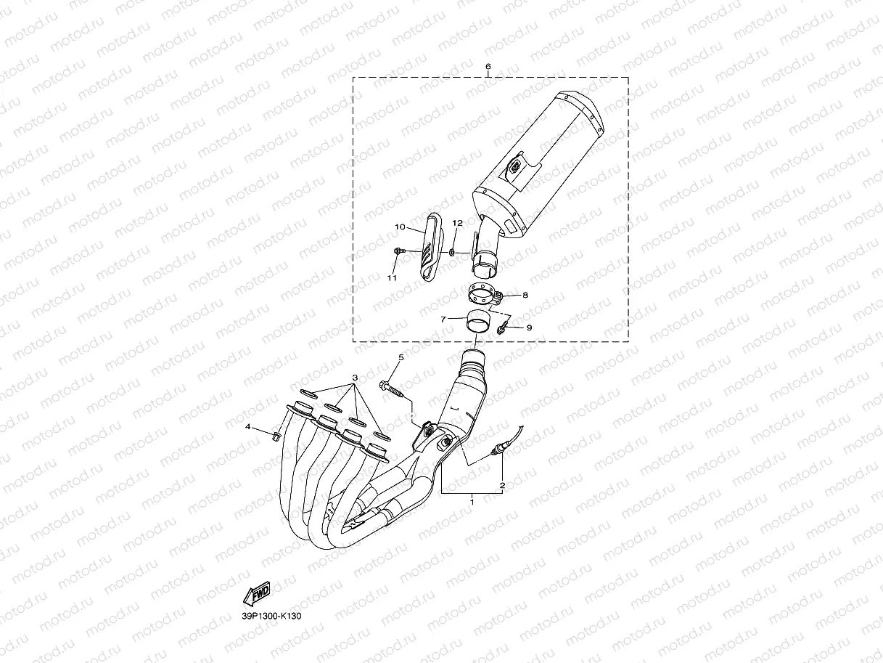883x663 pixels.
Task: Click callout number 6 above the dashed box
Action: tap(488, 66)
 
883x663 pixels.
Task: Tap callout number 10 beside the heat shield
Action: tap(400, 227)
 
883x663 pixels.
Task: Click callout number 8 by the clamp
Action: tap(525, 296)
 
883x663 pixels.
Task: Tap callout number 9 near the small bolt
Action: tap(529, 328)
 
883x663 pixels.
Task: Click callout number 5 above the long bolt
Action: tap(400, 358)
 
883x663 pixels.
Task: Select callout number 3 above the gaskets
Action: tap(356, 378)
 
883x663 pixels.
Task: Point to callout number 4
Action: tap(247, 427)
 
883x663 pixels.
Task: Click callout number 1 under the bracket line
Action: tap(472, 501)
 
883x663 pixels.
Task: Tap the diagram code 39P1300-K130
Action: tap(271, 616)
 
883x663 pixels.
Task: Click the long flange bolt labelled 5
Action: tap(393, 389)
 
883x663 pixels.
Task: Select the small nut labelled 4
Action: tap(276, 436)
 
